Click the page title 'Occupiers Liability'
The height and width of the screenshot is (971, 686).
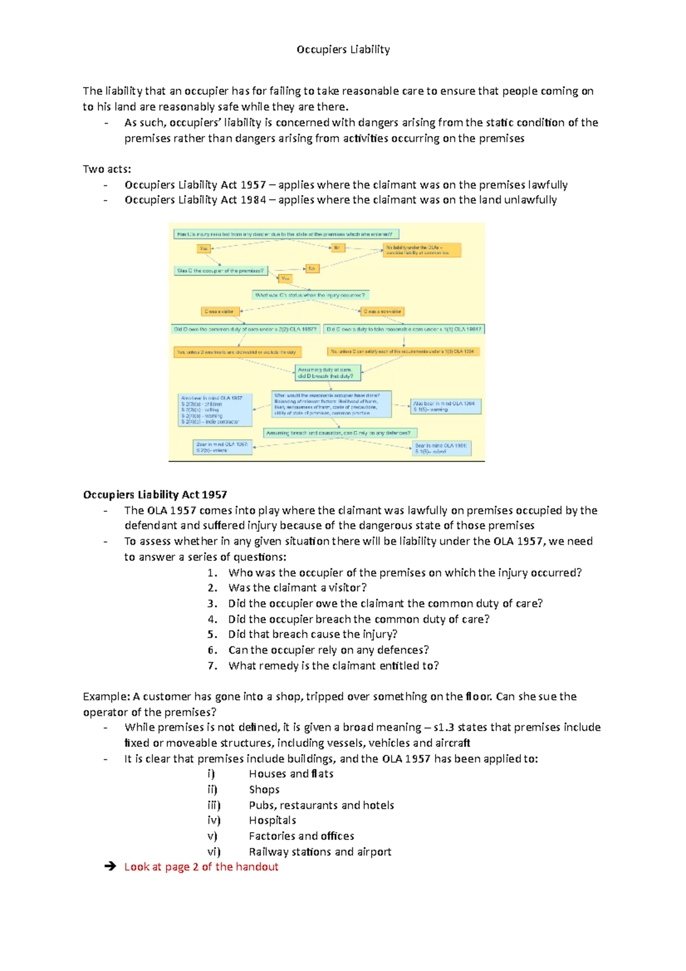[x=343, y=50]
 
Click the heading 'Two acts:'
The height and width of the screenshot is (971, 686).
[x=107, y=169]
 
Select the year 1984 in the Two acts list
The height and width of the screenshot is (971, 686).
[x=253, y=200]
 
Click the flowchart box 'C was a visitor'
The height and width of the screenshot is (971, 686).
[x=220, y=312]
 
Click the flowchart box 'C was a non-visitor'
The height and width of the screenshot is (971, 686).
[x=382, y=312]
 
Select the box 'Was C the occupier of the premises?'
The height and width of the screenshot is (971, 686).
[x=221, y=271]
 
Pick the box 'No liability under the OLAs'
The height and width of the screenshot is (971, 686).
[x=422, y=250]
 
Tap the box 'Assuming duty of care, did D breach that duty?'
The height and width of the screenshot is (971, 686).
[x=328, y=373]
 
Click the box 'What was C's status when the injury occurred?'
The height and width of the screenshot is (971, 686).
[x=310, y=296]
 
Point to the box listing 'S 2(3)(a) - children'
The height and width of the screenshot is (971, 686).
[x=216, y=410]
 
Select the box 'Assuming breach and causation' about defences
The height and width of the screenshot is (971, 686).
[x=340, y=433]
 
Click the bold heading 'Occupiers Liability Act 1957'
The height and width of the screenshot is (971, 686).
[x=155, y=495]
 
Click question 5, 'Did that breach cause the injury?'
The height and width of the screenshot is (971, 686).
[x=313, y=635]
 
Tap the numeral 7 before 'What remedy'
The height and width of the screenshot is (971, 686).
[x=212, y=666]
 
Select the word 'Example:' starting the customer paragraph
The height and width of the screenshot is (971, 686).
[x=106, y=697]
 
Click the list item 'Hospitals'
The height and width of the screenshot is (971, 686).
[x=272, y=821]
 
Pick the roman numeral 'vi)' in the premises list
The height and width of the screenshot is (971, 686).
[x=214, y=852]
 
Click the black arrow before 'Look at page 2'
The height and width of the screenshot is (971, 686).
[x=110, y=867]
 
